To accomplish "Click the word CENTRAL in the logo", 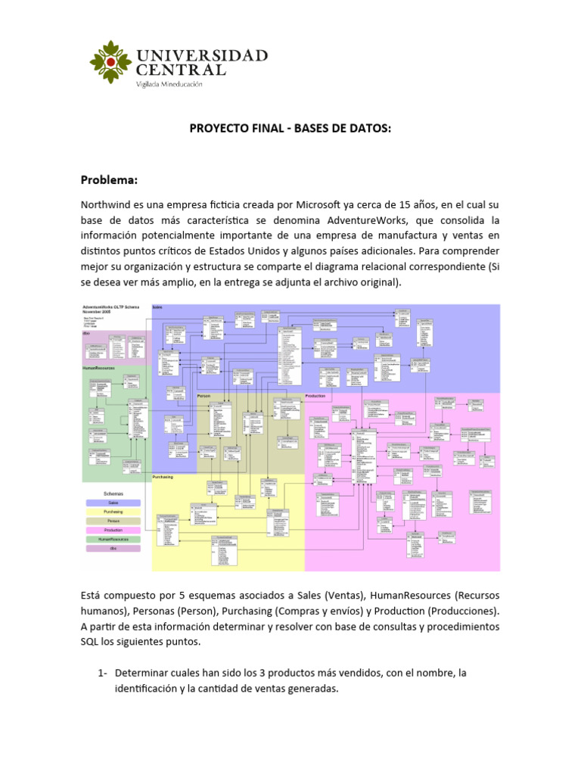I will point(180,70).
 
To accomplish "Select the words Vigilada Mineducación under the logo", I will point(169,85).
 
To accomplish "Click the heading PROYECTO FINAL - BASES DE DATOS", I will point(290,129).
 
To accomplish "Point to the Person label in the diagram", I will point(204,396).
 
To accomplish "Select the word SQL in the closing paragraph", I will point(92,643).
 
